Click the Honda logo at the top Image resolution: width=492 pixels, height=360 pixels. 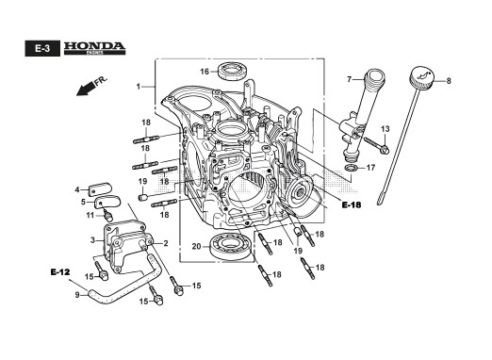pos(94,48)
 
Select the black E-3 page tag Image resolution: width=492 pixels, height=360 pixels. pos(42,48)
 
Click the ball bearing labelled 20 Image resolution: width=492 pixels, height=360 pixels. pos(232,246)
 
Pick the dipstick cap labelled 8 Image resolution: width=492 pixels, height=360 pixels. pos(421,77)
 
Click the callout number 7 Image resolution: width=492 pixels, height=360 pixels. pos(349,80)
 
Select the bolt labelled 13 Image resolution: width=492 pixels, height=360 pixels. pos(377,145)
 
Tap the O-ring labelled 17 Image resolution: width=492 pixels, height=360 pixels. pos(351,168)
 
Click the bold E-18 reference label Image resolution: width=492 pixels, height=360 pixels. pos(352,205)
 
